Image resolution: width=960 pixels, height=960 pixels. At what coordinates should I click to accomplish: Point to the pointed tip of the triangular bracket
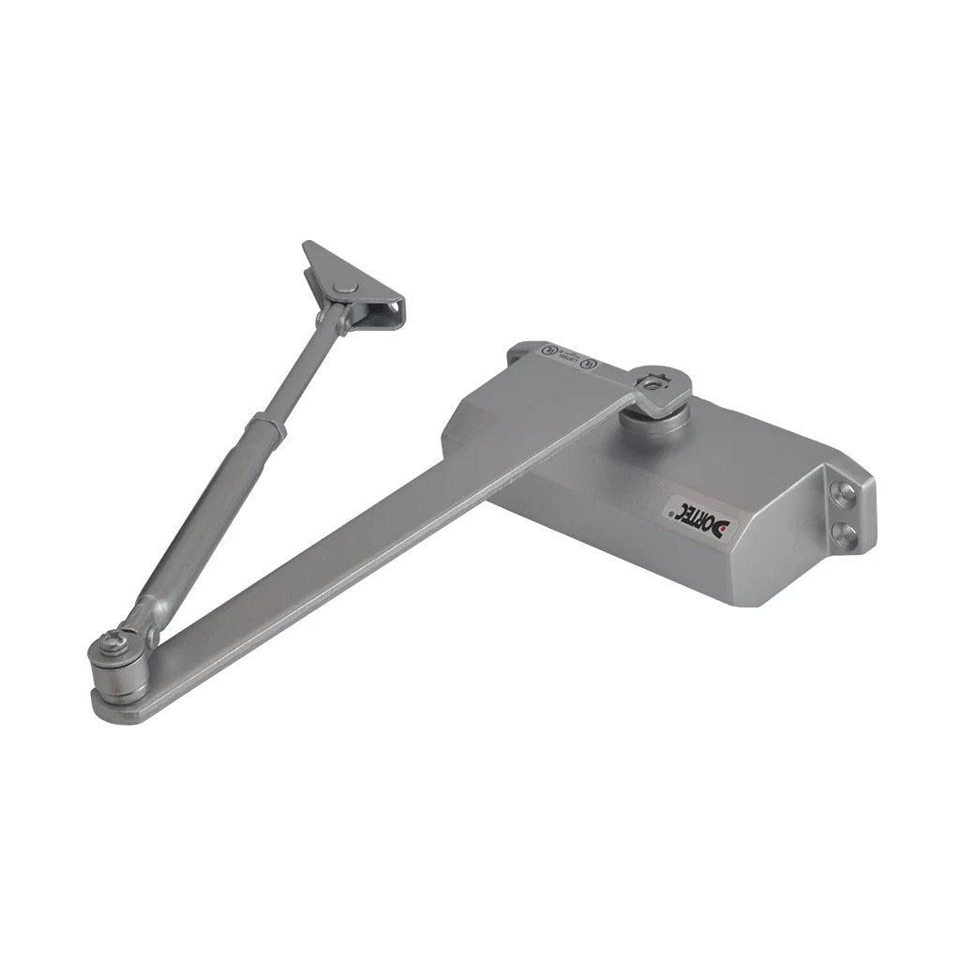click(x=307, y=247)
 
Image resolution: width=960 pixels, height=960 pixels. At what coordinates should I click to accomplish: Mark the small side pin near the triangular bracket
click(x=322, y=320)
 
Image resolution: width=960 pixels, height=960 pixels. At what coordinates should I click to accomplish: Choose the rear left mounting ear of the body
click(x=523, y=352)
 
